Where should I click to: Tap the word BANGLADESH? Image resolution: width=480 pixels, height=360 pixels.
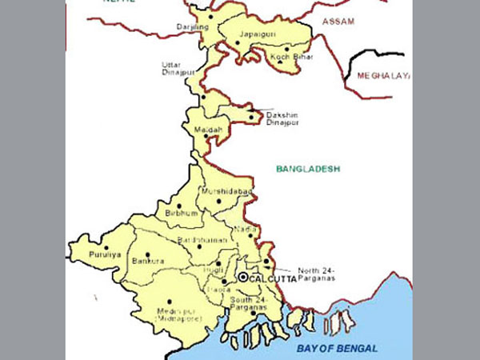point(308,169)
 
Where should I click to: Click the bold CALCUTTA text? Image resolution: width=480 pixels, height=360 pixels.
point(273,278)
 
